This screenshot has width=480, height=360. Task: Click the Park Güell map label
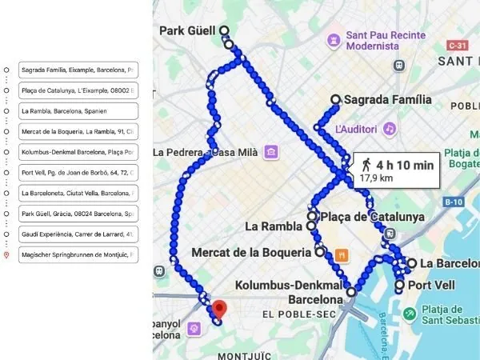point(188,31)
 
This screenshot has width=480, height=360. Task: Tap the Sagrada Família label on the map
point(387,100)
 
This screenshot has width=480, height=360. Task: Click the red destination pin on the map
point(218,308)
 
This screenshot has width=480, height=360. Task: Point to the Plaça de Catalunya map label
point(372,216)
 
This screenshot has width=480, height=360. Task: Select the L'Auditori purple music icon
point(390,128)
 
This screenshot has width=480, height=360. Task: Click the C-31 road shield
point(458,46)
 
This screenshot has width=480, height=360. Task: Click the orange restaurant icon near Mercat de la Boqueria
point(342,255)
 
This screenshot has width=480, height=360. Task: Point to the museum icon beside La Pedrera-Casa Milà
point(272,152)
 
